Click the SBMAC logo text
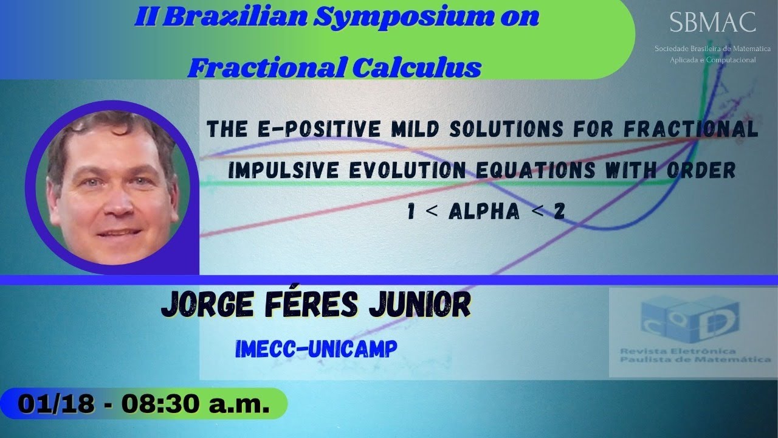712,23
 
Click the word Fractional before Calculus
267,67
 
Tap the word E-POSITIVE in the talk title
303,130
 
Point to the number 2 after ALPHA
559,212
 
